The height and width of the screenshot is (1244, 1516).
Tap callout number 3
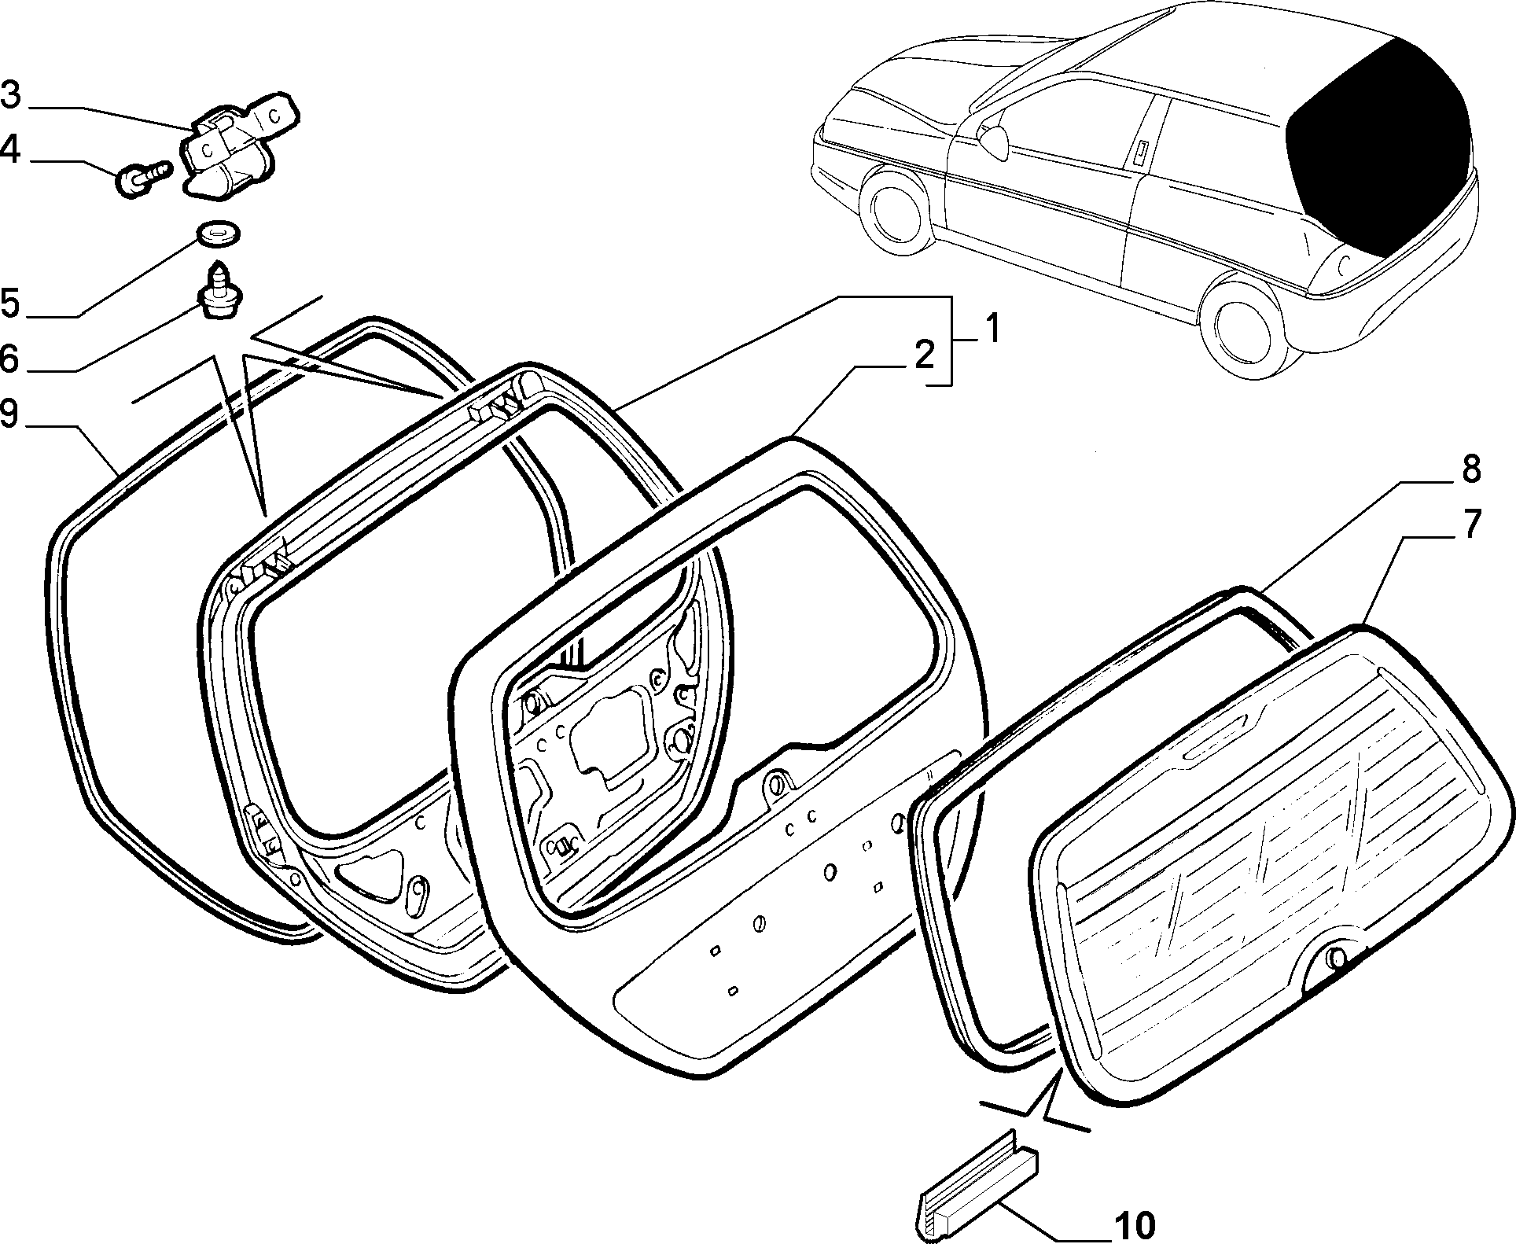click(x=11, y=95)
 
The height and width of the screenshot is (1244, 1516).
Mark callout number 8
click(x=1470, y=469)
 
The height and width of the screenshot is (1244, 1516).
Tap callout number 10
click(x=1134, y=1225)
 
